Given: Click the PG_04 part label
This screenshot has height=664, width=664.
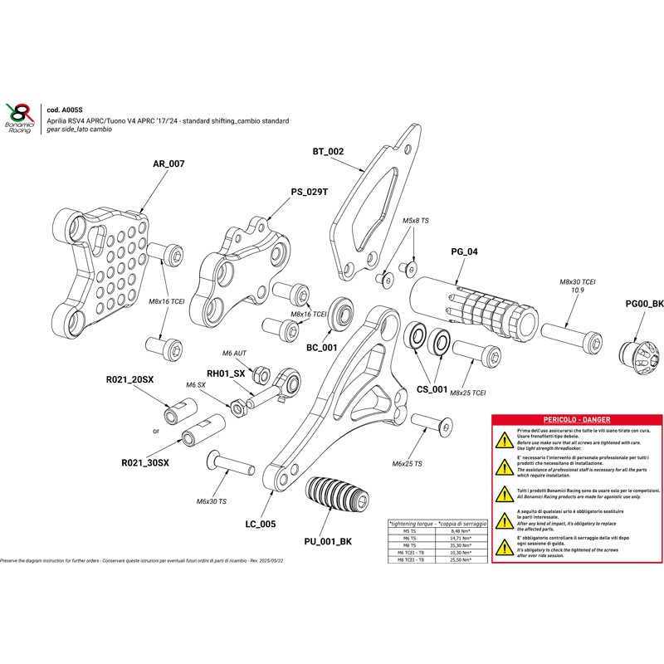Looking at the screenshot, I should [463, 251].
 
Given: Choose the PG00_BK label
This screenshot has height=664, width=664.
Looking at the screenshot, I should [644, 304].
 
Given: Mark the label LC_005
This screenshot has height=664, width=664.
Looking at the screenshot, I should [261, 524].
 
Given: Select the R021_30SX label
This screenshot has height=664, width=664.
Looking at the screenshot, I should [145, 462].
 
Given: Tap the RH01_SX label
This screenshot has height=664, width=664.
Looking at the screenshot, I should [226, 374].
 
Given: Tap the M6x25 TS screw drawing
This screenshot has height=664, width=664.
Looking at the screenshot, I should [432, 427].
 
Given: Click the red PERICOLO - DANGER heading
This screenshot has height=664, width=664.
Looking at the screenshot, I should [575, 421].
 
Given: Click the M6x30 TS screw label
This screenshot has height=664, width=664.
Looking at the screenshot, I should [212, 501].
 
